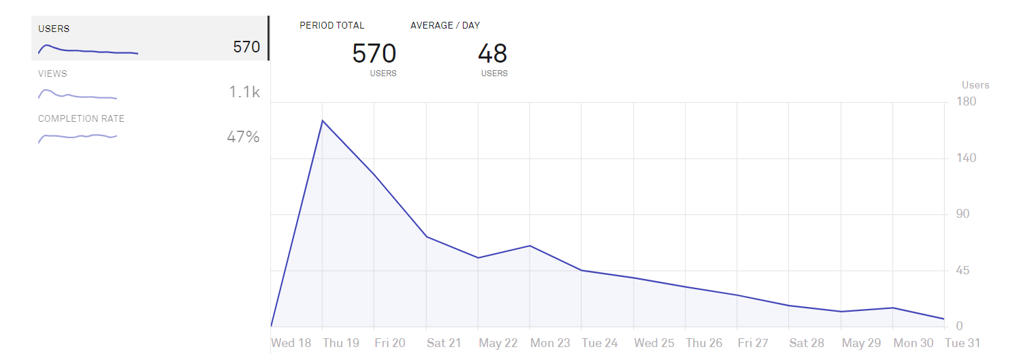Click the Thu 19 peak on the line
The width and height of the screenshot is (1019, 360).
coord(322,120)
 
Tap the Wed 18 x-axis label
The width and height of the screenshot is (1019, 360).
coord(291,343)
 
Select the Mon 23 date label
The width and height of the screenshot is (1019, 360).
coord(549,343)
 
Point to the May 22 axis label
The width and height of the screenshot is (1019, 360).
coord(498,343)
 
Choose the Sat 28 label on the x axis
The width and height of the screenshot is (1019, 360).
coord(807,343)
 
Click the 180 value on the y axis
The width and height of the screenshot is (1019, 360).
coord(967,102)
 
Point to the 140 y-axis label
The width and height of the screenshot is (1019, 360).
coord(967,158)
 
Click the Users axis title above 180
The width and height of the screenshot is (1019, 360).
coord(975,85)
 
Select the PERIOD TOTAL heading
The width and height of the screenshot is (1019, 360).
coord(332,25)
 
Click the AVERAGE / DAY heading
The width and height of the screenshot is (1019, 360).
coord(445,25)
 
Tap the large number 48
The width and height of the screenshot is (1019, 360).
coord(492,54)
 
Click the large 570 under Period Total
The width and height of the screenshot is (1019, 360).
coord(374,54)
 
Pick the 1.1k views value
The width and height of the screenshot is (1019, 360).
coord(244,92)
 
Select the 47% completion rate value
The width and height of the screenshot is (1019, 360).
coord(243,137)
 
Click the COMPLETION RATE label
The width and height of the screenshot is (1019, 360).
coord(81,118)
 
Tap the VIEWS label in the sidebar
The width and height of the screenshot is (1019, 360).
coord(52,73)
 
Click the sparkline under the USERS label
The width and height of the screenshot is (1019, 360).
coord(88,50)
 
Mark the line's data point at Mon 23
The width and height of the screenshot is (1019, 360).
coord(530,246)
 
